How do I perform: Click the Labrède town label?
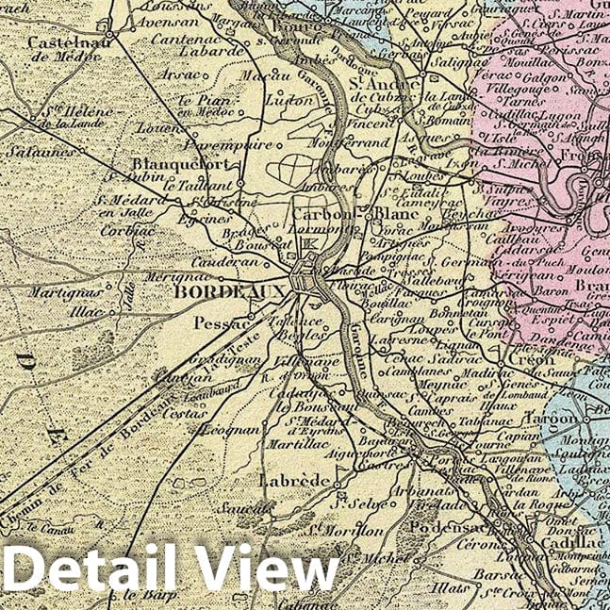(292, 481)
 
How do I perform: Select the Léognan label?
(224, 429)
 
